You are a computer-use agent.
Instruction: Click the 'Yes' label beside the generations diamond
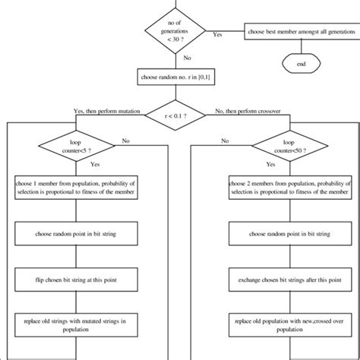pyautogui.click(x=218, y=35)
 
